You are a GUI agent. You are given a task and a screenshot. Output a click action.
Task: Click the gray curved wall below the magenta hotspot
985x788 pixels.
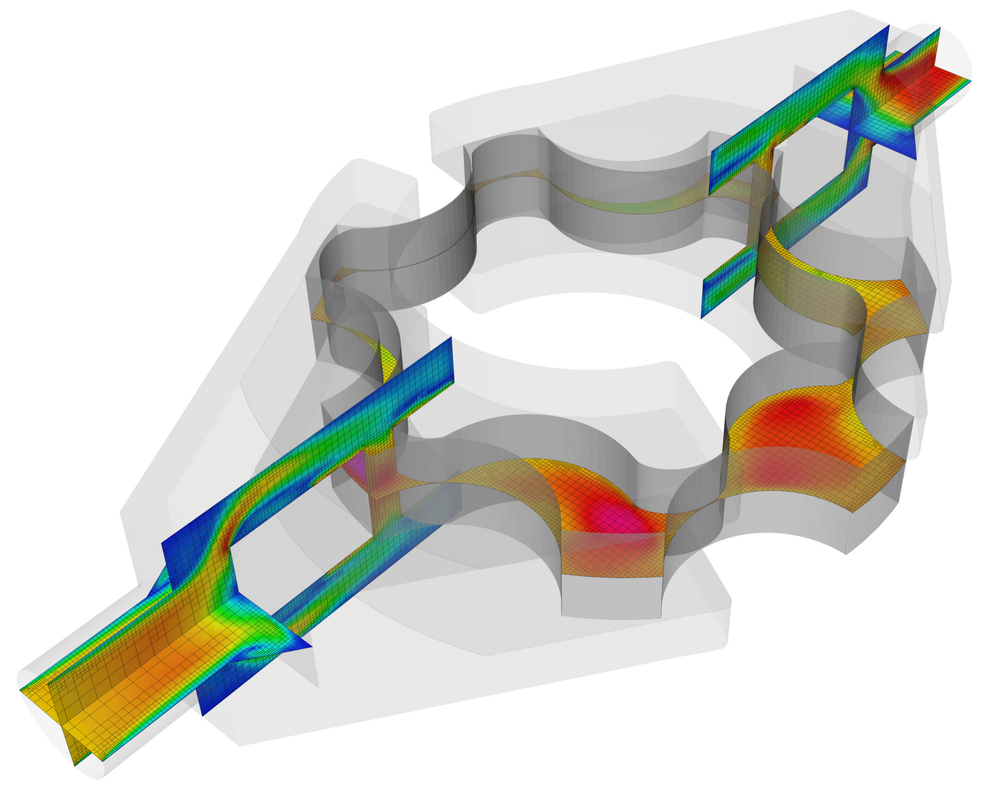(x=611, y=597)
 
